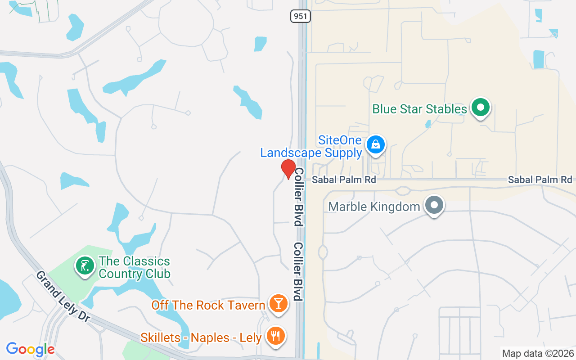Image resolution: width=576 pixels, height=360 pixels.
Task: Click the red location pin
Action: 288,169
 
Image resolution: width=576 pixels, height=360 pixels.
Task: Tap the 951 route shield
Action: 301,16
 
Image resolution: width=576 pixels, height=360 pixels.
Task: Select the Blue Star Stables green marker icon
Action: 481,108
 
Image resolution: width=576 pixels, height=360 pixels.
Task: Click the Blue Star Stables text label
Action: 419,109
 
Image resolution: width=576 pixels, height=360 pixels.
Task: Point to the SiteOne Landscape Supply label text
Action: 311,147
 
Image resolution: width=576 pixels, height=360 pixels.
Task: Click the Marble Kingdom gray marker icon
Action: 434,206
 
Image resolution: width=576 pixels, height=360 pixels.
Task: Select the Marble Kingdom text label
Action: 374,207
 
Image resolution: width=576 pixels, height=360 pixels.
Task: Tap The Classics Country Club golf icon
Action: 84,265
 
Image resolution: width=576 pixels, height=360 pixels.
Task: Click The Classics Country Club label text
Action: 134,267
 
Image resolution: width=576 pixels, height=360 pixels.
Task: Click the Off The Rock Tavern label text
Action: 208,305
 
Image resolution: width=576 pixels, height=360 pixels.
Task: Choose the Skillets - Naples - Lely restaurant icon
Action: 275,336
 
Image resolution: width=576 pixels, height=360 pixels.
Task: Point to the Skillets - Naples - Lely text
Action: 201,337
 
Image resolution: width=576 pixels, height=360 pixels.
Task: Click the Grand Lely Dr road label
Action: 63,296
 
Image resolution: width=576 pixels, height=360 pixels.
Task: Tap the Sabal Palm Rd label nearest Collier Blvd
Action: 344,180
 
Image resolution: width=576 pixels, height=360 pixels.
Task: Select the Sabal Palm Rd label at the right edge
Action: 540,180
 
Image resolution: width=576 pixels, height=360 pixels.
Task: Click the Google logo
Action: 30,349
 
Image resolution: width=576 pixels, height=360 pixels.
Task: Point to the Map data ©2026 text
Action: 538,354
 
